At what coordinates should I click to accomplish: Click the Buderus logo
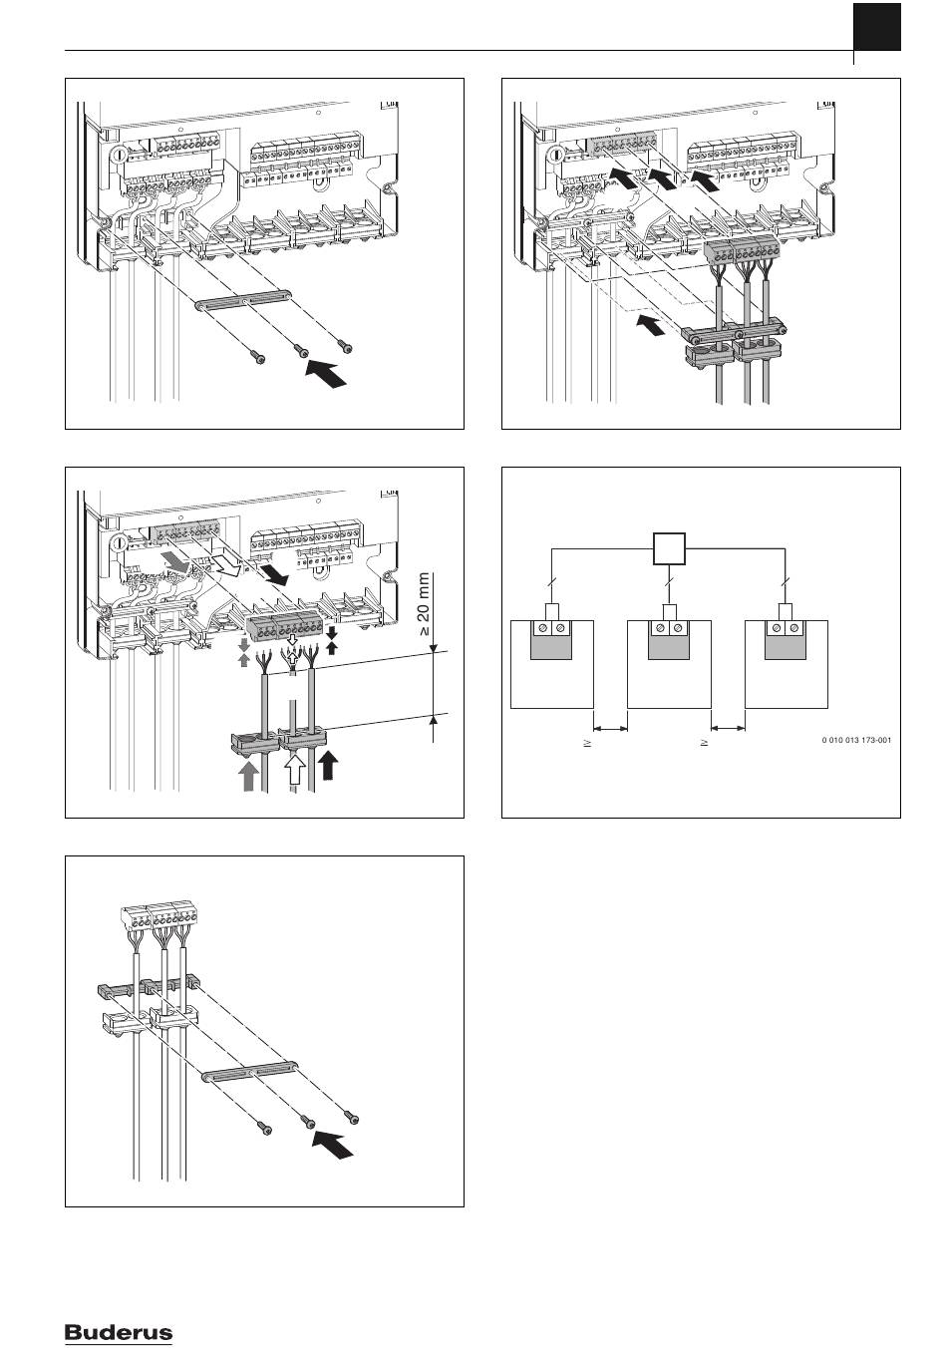[x=119, y=1333]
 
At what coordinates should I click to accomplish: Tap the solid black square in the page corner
[x=877, y=27]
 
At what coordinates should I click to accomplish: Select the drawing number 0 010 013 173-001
[x=856, y=741]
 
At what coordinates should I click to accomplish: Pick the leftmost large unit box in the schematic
[x=551, y=664]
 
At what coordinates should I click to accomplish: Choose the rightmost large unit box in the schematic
[x=787, y=664]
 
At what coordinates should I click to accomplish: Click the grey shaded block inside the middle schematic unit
[x=669, y=647]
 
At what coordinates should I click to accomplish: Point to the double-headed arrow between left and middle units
[x=610, y=727]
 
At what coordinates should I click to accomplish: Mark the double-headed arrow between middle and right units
[x=728, y=727]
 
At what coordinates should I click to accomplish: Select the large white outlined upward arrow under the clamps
[x=294, y=772]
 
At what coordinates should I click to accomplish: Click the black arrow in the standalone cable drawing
[x=333, y=1143]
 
